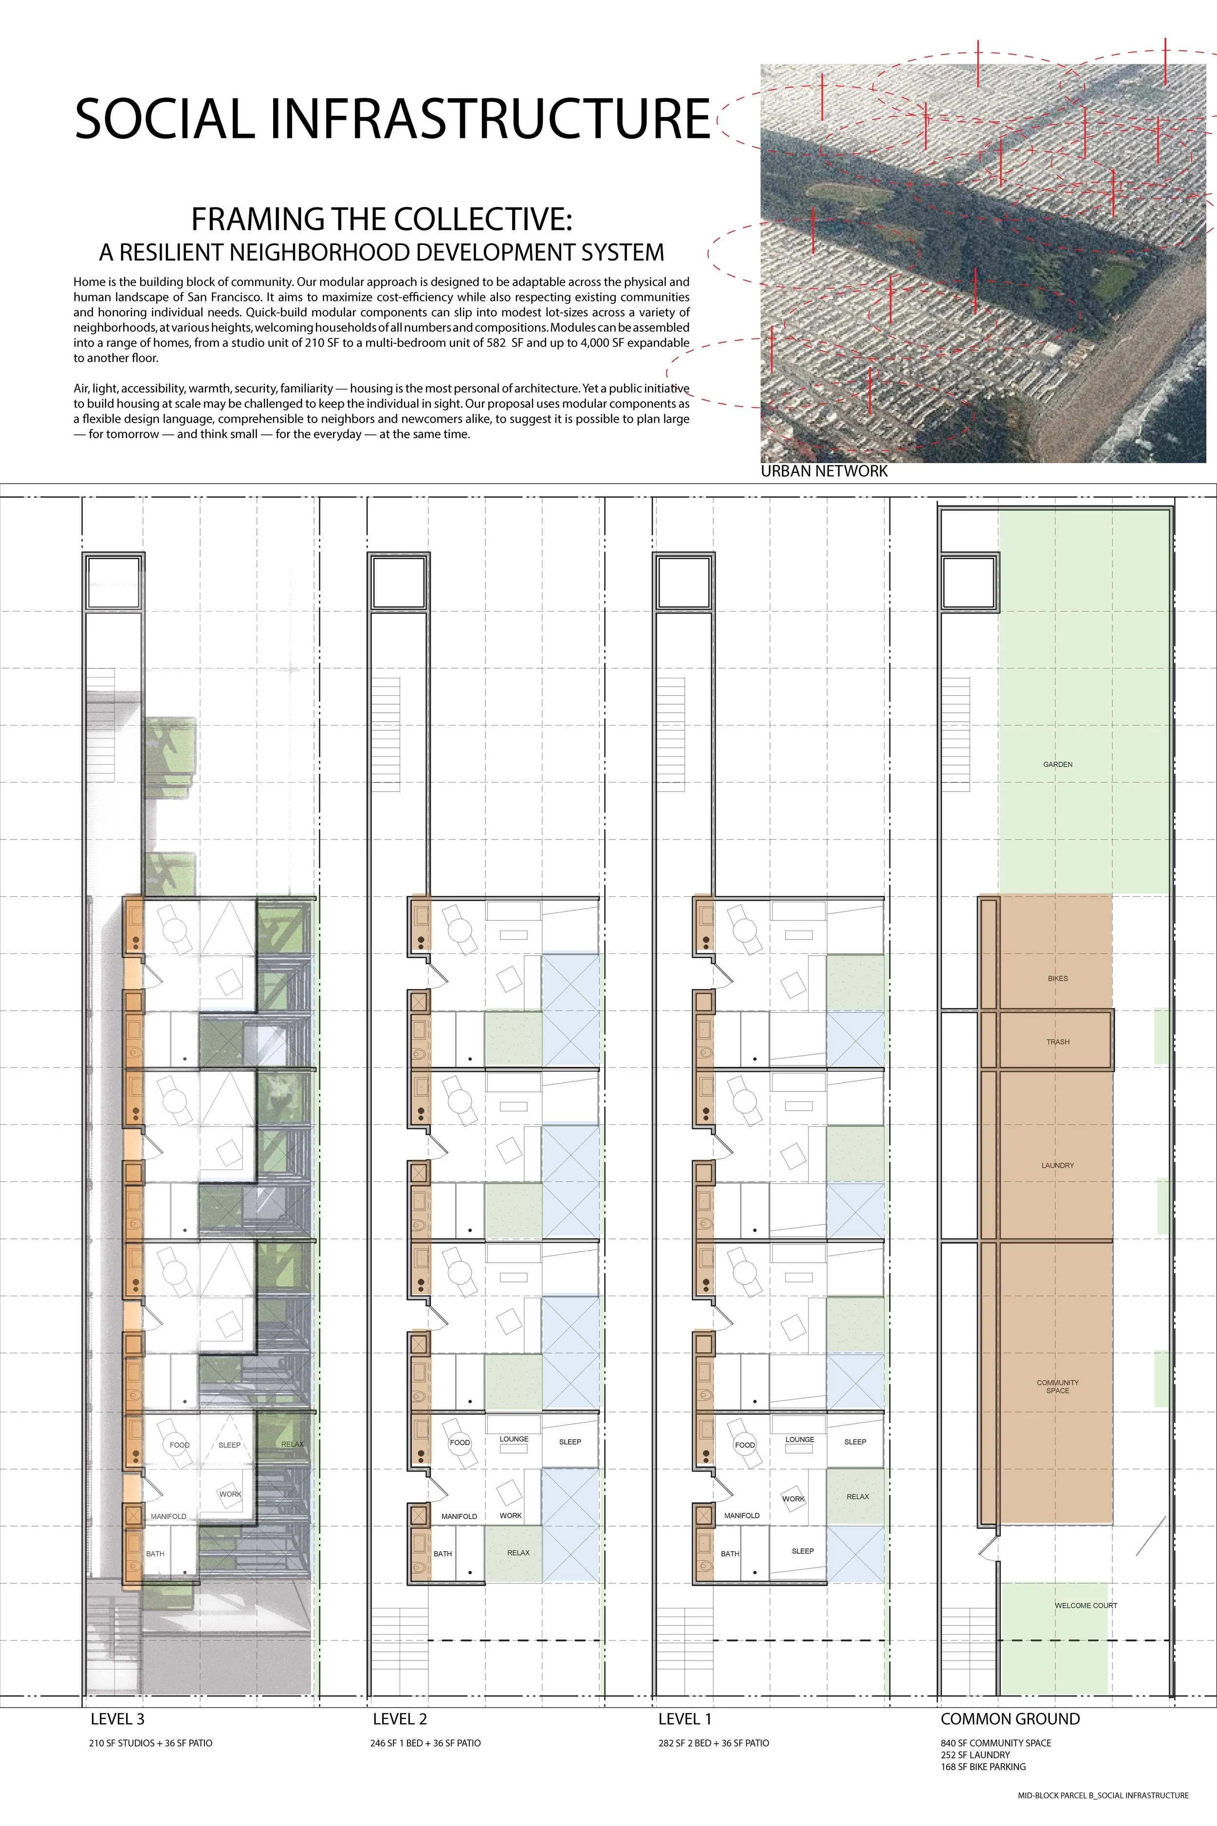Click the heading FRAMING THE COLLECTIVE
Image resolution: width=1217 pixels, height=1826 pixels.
coord(381,219)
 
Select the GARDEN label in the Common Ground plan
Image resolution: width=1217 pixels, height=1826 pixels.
coord(1057,764)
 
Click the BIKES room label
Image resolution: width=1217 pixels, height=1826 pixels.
coord(1057,979)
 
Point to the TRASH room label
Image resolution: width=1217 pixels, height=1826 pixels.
coord(1057,1042)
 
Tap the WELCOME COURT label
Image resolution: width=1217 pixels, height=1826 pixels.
coord(1085,1605)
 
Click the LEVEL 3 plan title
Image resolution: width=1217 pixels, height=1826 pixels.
coord(117,1719)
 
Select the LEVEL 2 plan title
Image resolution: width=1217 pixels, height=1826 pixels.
coord(400,1719)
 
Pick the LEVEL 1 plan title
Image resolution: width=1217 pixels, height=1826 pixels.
coord(684,1719)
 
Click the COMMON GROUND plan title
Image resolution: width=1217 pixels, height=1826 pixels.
coord(1010,1719)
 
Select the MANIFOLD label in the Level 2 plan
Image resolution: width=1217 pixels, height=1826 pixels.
coord(459,1516)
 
